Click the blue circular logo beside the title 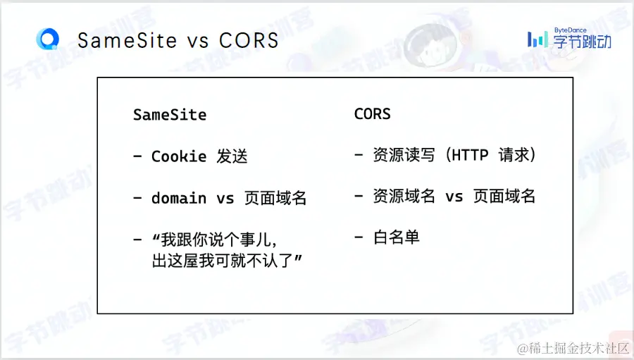coord(48,39)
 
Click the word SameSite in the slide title coord(127,40)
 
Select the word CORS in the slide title coord(249,40)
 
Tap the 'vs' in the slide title coord(198,42)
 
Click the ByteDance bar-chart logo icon coord(537,39)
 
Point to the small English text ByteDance coord(570,30)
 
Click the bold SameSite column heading coord(170,115)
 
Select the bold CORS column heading coord(373,114)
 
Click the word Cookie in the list coord(179,156)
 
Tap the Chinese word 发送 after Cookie coord(232,156)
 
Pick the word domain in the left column coord(179,198)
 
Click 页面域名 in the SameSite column coord(275,198)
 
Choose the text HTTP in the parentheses coord(470,155)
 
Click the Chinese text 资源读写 coord(404,155)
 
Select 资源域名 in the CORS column coord(404,197)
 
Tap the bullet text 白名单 coord(396,237)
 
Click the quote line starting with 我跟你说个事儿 coord(214,240)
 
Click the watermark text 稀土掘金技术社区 coord(573,348)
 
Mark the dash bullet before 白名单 coord(359,237)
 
